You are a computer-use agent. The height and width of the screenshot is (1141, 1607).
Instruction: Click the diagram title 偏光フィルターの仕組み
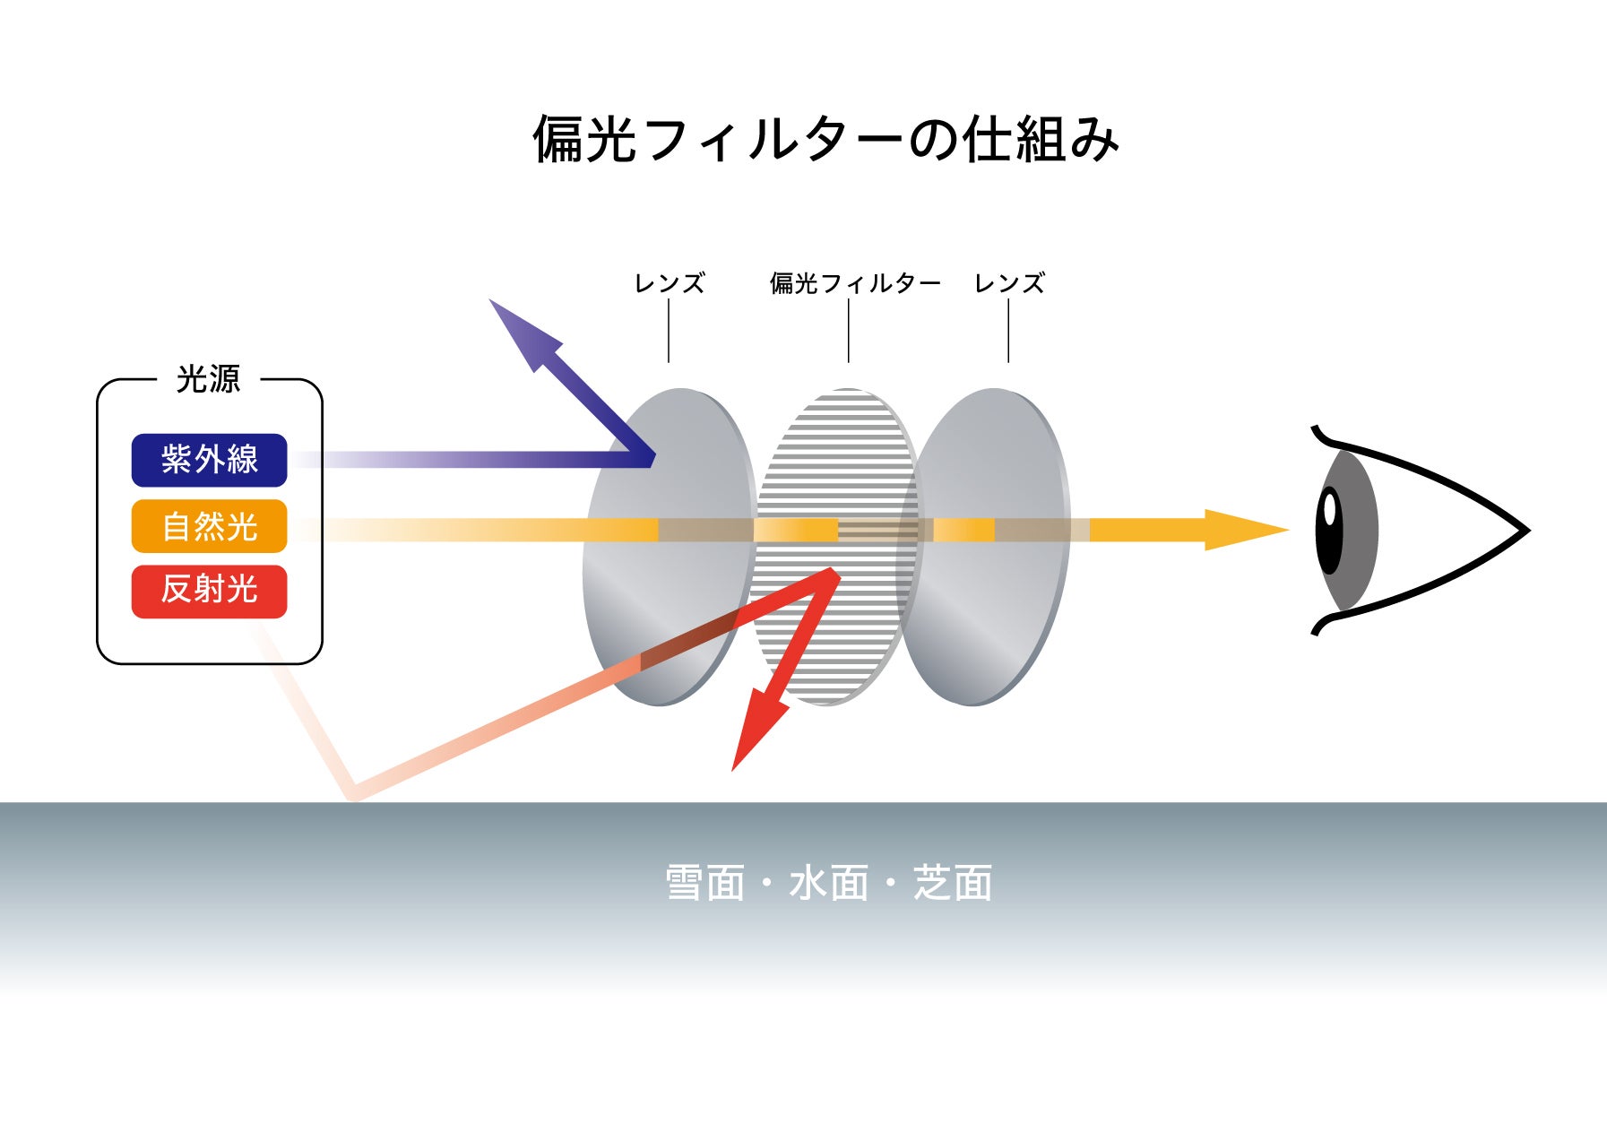[825, 139]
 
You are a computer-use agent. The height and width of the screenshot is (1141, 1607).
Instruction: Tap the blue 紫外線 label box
[209, 460]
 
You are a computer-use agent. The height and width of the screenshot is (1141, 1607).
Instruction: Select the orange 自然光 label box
[209, 526]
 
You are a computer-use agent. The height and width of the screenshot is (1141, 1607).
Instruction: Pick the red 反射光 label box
[209, 592]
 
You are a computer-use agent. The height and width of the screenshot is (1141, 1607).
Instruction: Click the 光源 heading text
[209, 379]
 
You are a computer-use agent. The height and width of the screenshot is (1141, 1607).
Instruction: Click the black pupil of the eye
[1330, 530]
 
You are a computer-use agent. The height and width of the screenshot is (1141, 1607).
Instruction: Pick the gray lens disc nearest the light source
[668, 547]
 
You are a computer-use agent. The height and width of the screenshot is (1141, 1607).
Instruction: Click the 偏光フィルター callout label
[855, 283]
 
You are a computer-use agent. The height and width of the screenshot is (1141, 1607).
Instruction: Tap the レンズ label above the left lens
[670, 283]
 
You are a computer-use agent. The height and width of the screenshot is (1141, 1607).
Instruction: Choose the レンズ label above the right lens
[1009, 283]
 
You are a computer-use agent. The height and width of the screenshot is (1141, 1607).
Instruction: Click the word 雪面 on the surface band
[704, 883]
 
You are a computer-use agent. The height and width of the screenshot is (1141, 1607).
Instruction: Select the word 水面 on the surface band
[829, 883]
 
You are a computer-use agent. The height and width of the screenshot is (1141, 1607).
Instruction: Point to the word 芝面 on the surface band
[953, 883]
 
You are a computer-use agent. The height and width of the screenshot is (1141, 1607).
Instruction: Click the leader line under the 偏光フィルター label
[849, 331]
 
